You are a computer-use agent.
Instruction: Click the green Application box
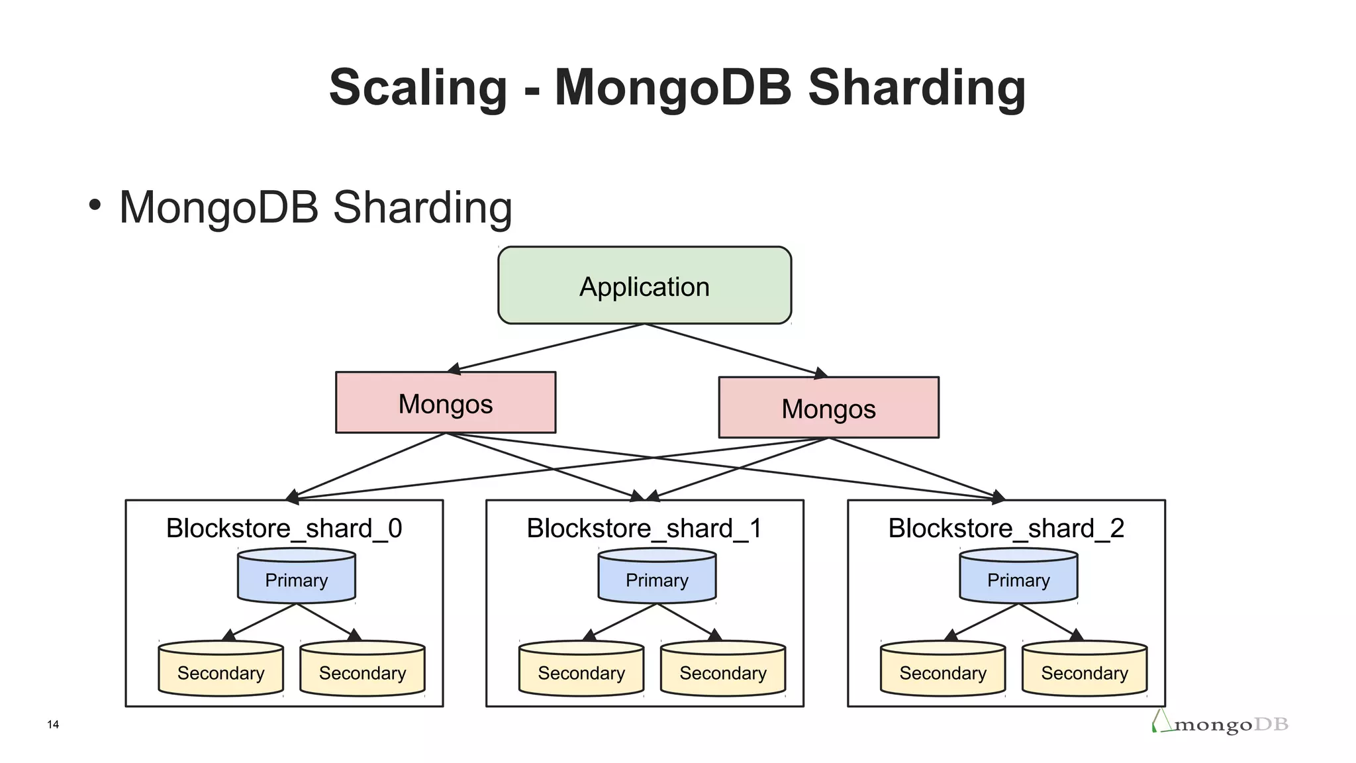[x=644, y=285]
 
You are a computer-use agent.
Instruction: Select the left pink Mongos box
[x=446, y=403]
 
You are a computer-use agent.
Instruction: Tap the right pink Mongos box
[x=828, y=408]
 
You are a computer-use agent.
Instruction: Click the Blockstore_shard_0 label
[x=284, y=529]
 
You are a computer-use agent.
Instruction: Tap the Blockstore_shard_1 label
[x=644, y=529]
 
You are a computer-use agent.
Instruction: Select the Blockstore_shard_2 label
[x=1006, y=529]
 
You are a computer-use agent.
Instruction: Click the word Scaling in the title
[x=418, y=87]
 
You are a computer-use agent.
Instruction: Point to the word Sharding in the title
[x=917, y=87]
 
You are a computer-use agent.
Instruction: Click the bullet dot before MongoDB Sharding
[x=95, y=205]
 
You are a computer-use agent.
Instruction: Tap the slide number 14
[x=53, y=725]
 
